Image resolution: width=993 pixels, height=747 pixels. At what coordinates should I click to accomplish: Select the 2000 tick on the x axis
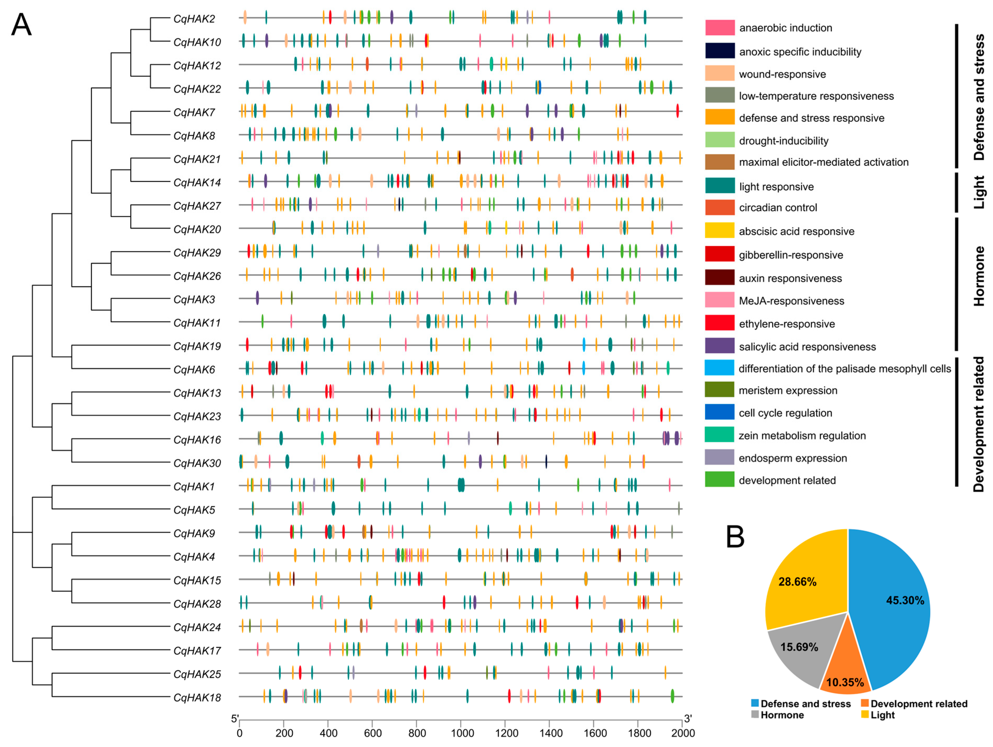click(x=683, y=733)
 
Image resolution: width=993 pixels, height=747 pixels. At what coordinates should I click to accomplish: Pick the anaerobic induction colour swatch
click(x=720, y=28)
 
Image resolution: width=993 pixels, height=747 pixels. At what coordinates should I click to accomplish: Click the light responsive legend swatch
click(x=720, y=186)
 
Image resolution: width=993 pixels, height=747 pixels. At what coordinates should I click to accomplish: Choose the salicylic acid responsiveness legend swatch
click(x=720, y=346)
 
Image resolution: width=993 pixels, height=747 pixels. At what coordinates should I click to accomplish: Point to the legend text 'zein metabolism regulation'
click(x=802, y=436)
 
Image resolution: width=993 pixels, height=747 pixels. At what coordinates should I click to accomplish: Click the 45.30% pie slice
click(x=893, y=601)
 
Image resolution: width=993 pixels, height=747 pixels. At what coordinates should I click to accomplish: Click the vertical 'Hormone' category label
click(x=979, y=276)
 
